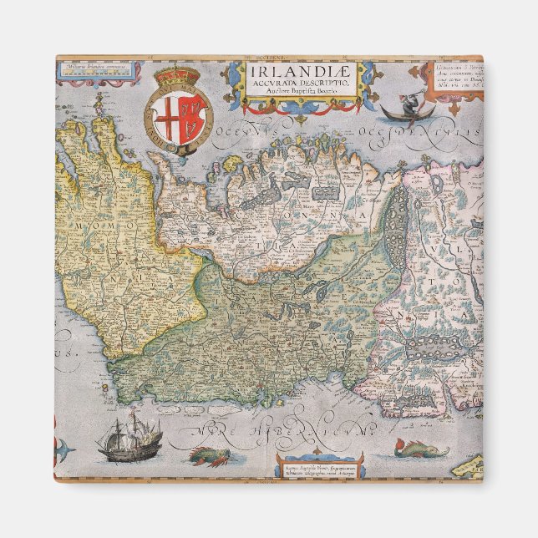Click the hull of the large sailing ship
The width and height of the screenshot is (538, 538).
click(118, 452)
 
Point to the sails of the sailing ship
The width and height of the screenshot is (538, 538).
click(117, 432)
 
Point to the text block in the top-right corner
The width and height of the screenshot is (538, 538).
click(455, 79)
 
